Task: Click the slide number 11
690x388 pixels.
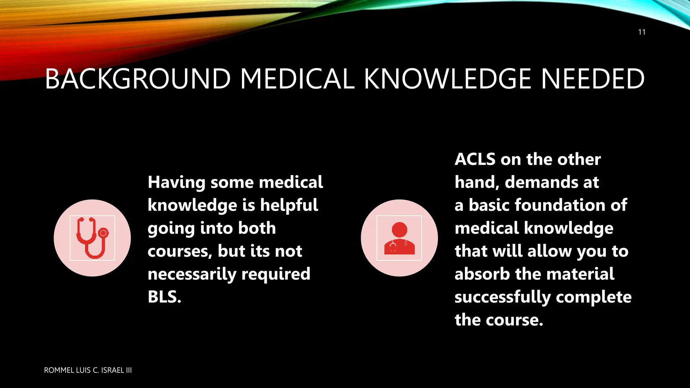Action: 641,32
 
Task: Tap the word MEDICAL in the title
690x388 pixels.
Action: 297,79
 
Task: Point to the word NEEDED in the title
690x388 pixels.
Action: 593,79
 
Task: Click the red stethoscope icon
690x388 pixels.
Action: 92,238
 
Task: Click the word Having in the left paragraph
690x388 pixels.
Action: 177,183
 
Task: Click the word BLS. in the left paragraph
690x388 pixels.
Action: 164,297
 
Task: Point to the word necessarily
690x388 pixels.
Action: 192,274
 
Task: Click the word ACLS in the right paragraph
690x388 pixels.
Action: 475,159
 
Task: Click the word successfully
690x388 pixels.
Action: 502,297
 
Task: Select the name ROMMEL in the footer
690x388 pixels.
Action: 59,370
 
